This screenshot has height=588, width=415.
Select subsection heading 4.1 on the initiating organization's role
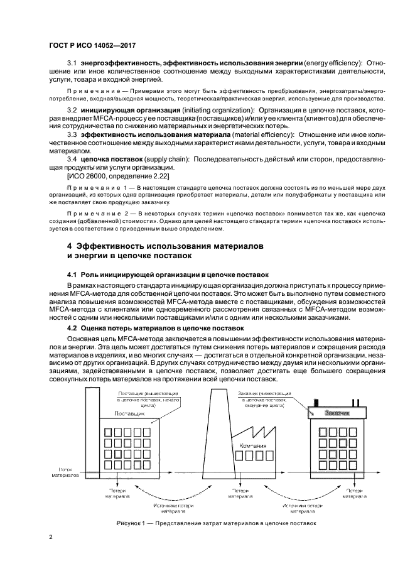(168, 275)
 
